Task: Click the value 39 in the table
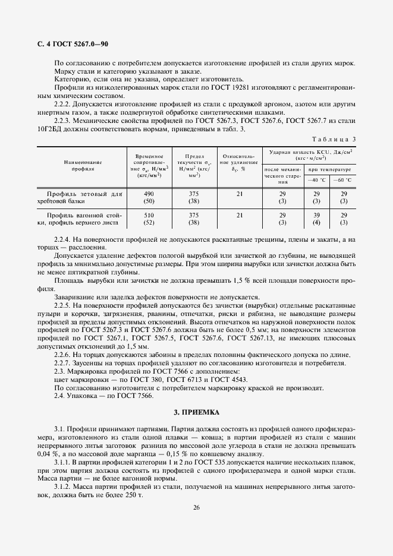pyautogui.click(x=317, y=215)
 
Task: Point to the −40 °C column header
pyautogui.click(x=317, y=179)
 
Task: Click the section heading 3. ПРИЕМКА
pyautogui.click(x=196, y=412)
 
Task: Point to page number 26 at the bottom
pyautogui.click(x=196, y=507)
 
